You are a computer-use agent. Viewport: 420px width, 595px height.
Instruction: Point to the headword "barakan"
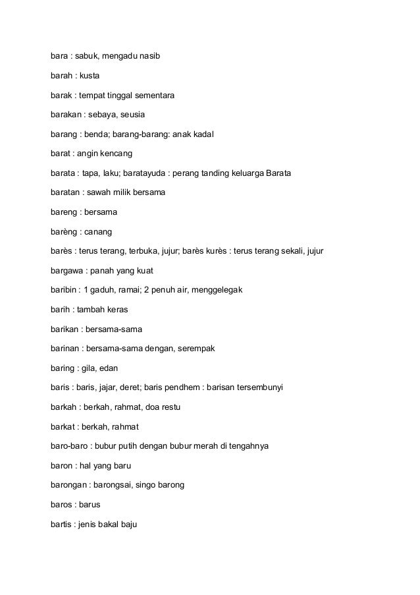pyautogui.click(x=67, y=115)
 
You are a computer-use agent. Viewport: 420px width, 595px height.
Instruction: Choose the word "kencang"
pyautogui.click(x=116, y=154)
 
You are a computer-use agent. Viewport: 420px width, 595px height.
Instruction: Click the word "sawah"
pyautogui.click(x=99, y=192)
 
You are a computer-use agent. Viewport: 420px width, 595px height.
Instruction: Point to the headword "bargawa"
pyautogui.click(x=67, y=270)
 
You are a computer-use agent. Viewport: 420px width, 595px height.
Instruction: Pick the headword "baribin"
pyautogui.click(x=65, y=289)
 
